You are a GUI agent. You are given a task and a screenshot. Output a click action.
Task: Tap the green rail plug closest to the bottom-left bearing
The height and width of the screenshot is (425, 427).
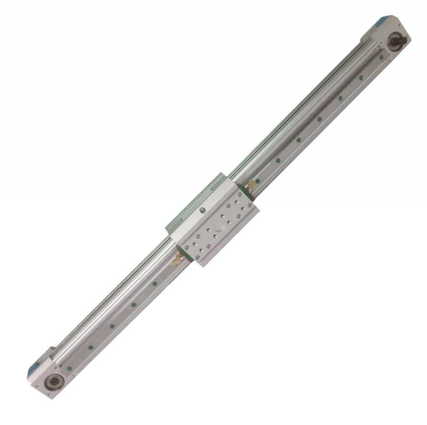[x=70, y=368]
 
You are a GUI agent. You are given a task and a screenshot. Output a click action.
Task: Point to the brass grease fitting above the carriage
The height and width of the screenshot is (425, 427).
[x=253, y=183]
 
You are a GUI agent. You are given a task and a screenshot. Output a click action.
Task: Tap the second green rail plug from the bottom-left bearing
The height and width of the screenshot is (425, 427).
[x=91, y=347]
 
